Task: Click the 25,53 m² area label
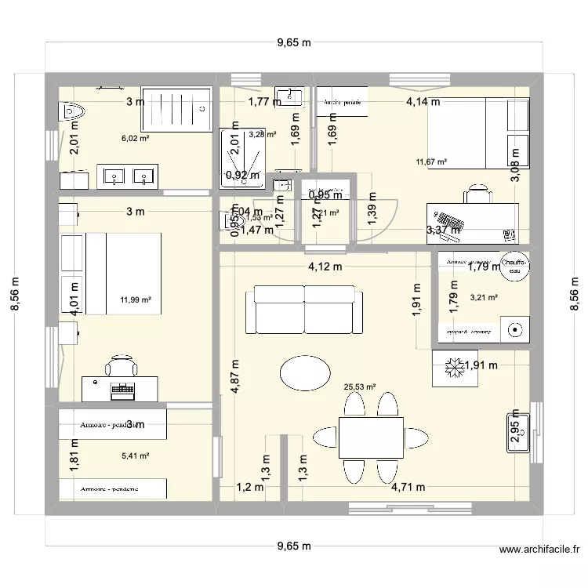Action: coord(360,387)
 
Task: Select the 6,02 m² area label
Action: coord(134,138)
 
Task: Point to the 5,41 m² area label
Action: coord(134,455)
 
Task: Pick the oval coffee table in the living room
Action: coord(305,373)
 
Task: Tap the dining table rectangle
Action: coord(371,437)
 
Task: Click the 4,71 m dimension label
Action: coord(408,487)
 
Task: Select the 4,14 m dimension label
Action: coord(423,101)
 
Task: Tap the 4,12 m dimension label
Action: coord(325,266)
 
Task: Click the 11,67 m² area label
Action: coord(431,162)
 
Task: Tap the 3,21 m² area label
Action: coord(483,297)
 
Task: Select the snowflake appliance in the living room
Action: coord(451,367)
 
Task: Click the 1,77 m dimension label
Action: coord(264,101)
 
